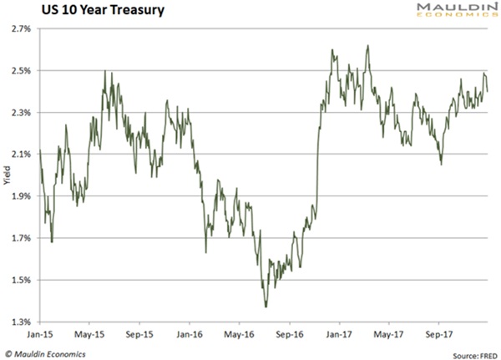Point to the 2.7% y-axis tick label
point(21,29)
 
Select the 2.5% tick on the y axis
point(21,71)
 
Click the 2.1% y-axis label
point(21,155)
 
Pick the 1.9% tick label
point(21,196)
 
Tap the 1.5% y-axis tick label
point(21,280)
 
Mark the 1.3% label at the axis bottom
point(21,322)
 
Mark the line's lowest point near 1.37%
point(266,307)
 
